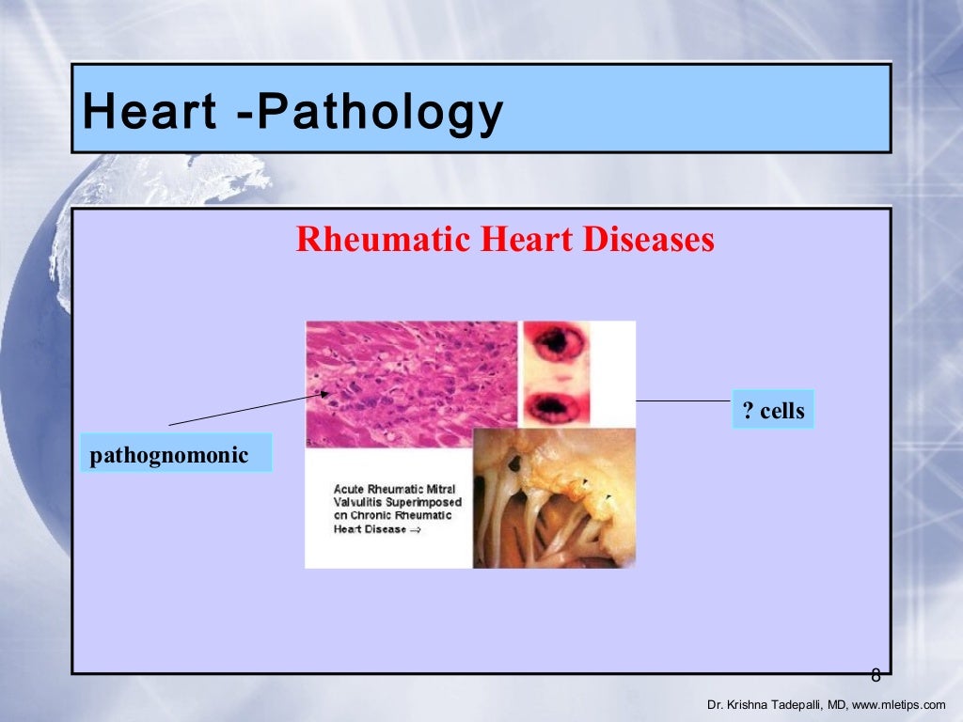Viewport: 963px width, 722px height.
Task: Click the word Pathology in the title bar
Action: pos(379,113)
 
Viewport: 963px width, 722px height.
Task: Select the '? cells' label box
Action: pos(773,411)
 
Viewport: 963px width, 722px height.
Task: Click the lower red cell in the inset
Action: pos(556,407)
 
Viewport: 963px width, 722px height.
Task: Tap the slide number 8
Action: pos(876,675)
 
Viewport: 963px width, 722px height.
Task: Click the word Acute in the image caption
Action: pos(350,489)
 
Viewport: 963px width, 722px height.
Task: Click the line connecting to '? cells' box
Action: pos(684,400)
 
